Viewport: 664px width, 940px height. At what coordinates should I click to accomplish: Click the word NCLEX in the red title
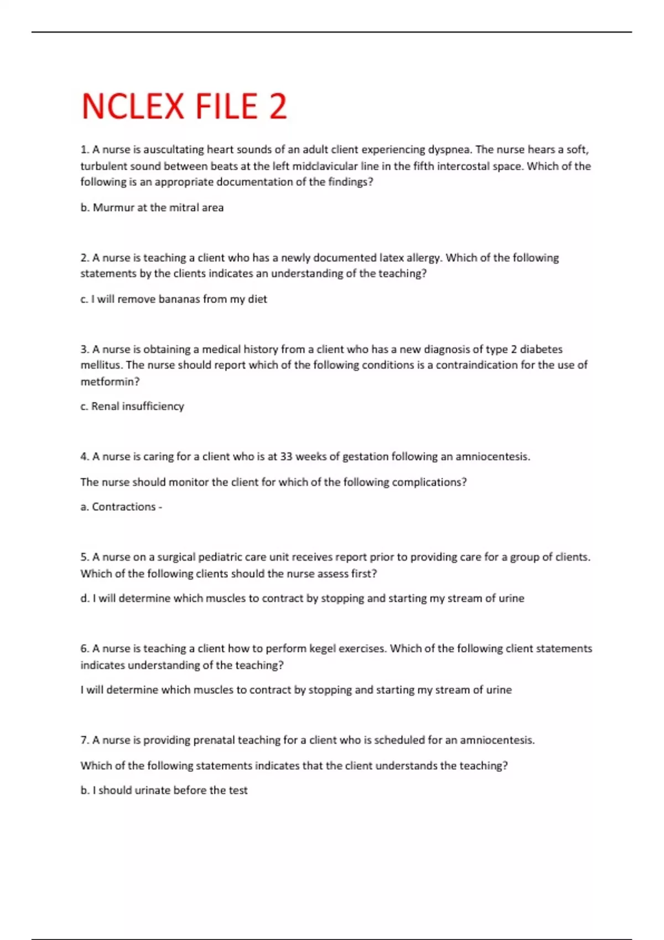[133, 106]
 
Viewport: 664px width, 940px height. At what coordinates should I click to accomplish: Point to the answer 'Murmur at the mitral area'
[158, 208]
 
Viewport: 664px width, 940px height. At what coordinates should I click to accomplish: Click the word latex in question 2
[391, 258]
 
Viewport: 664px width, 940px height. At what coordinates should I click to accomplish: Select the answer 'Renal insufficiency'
[137, 406]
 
